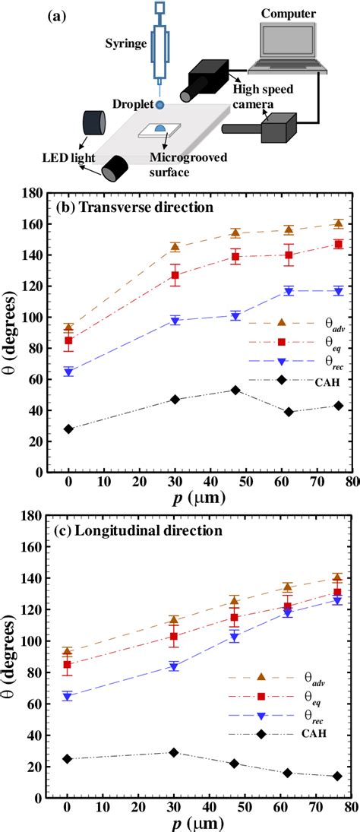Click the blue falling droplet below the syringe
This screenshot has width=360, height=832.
160,104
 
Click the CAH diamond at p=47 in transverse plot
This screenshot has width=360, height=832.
235,390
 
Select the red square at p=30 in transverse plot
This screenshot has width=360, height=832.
175,275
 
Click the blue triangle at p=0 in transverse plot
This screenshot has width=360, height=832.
68,372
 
